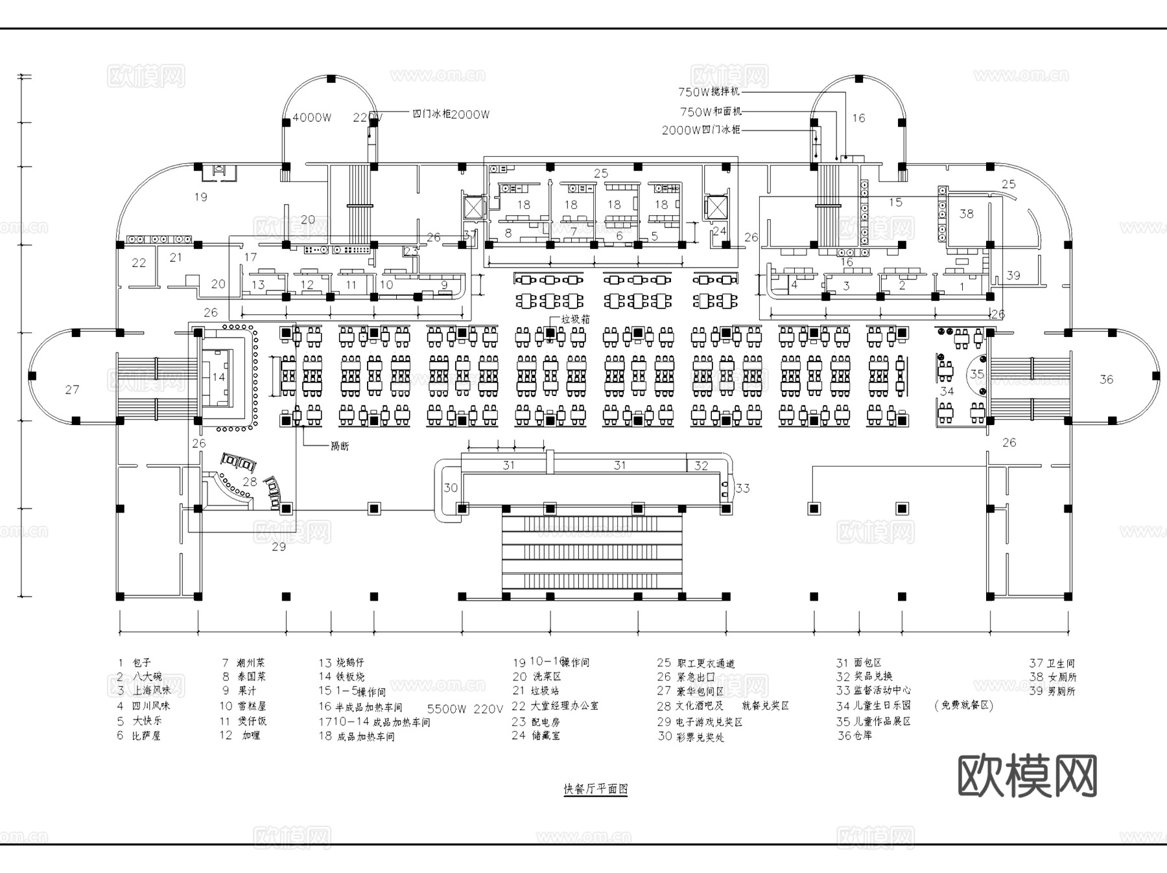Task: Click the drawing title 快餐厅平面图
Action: click(x=595, y=789)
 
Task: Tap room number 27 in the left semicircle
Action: click(x=72, y=390)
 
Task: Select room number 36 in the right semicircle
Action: click(x=1106, y=379)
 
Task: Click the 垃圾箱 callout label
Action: click(x=575, y=320)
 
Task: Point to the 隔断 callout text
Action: click(x=340, y=446)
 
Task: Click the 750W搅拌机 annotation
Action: click(x=709, y=92)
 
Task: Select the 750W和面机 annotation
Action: click(x=710, y=111)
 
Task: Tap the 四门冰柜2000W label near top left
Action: click(x=451, y=114)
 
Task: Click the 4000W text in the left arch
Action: click(x=312, y=117)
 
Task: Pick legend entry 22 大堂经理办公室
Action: click(x=555, y=706)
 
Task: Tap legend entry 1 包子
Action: click(x=134, y=662)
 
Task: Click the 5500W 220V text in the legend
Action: click(x=465, y=709)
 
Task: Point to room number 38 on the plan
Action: click(x=966, y=213)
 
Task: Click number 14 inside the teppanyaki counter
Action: click(x=218, y=377)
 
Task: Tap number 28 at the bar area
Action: click(x=250, y=482)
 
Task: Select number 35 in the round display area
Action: click(x=976, y=374)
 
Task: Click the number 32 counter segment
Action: click(x=701, y=465)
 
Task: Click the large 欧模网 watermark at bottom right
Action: click(x=1027, y=776)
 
